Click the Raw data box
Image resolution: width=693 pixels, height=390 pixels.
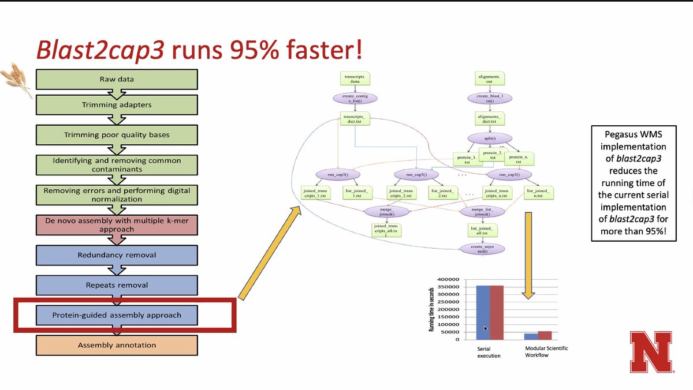point(117,78)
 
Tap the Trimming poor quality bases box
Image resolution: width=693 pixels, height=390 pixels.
point(117,135)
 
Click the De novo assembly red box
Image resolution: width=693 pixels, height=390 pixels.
point(117,225)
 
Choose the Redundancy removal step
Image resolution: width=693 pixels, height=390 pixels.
point(117,254)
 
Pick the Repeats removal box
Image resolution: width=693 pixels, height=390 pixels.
point(117,284)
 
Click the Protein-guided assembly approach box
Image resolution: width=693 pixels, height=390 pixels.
point(117,315)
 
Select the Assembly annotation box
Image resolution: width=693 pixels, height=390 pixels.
point(117,345)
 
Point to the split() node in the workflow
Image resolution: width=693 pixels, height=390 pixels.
point(482,138)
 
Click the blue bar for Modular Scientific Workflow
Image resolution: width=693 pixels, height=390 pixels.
point(530,336)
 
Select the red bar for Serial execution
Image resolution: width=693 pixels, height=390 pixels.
point(497,312)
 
